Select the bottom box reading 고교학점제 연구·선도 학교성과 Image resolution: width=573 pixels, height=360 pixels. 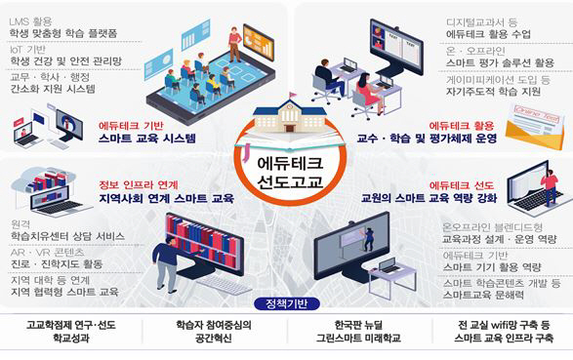tap(71, 334)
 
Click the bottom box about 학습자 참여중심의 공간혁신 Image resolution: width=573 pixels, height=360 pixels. tap(213, 334)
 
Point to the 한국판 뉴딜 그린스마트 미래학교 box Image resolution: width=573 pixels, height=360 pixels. tap(357, 334)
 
